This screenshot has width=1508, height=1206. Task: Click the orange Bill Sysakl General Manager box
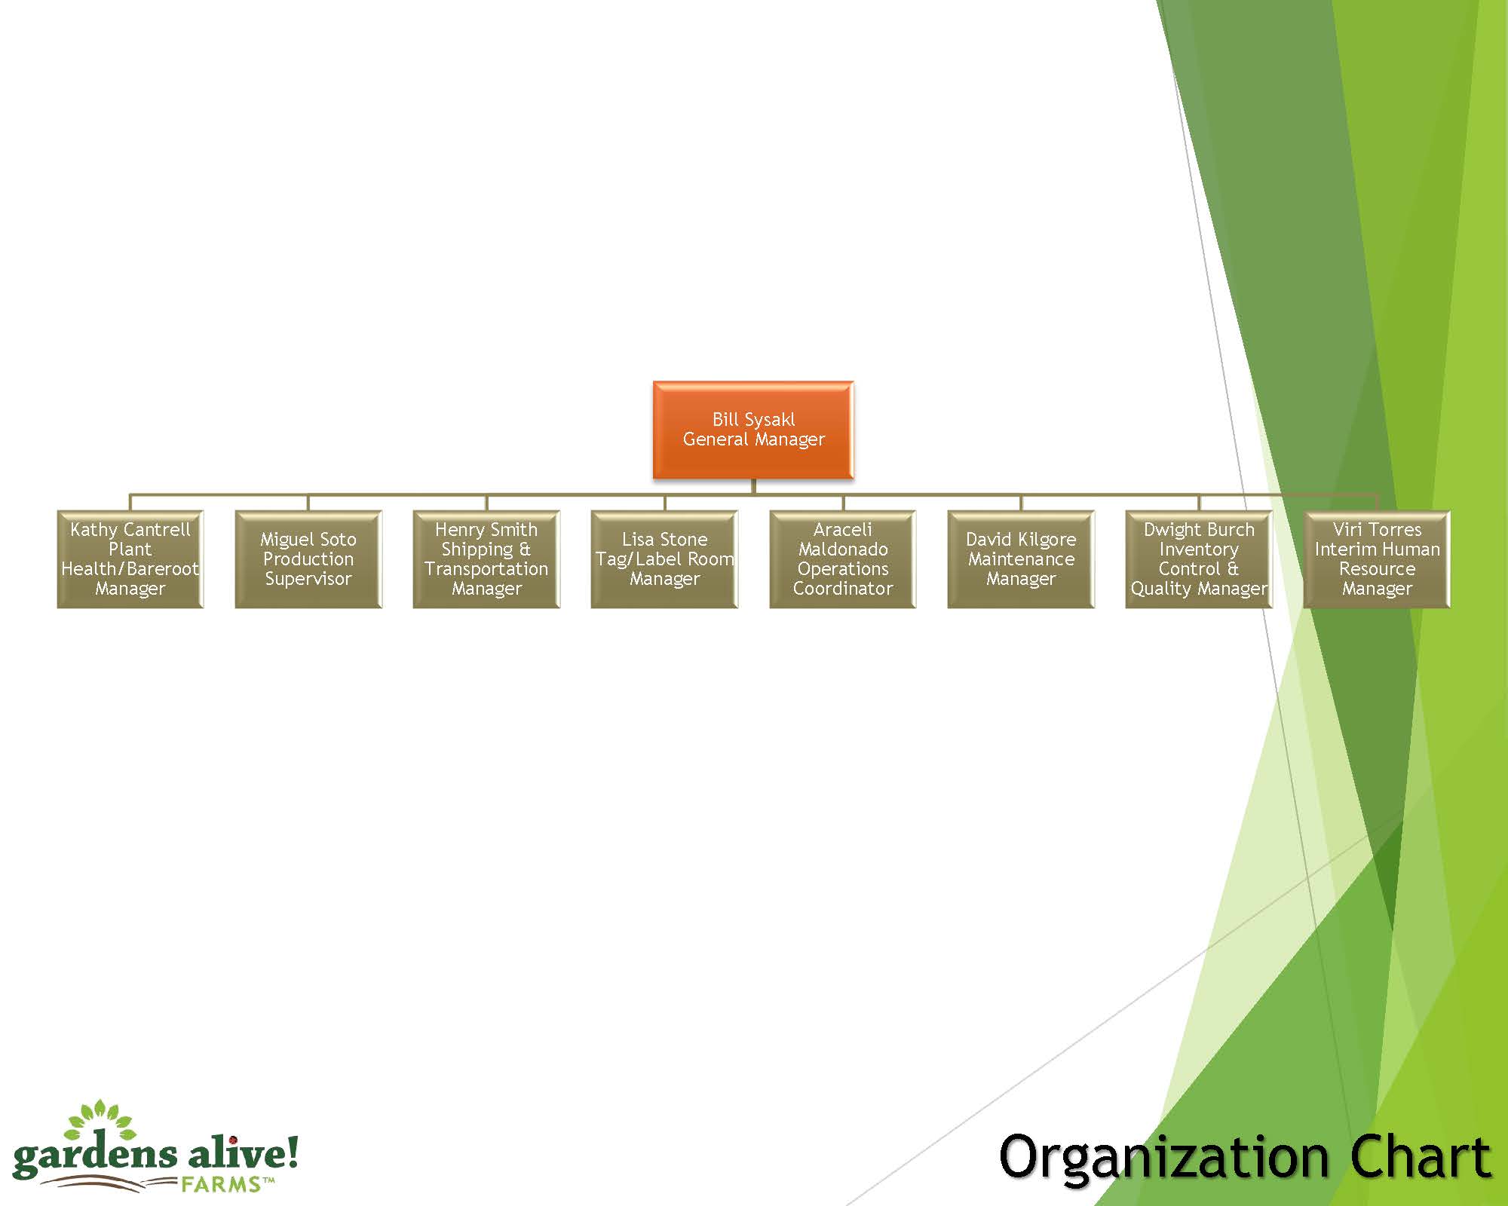pos(752,430)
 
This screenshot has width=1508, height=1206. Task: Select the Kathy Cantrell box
pos(130,559)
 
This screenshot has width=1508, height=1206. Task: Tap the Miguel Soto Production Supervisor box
pos(308,559)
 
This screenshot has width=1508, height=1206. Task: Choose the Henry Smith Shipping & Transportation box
pos(486,559)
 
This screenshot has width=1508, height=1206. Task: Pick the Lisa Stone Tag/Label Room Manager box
pos(664,559)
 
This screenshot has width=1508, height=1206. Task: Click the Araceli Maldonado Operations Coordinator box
pos(842,559)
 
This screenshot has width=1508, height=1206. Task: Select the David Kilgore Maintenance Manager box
pos(1021,559)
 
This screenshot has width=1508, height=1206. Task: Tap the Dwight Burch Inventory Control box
pos(1199,559)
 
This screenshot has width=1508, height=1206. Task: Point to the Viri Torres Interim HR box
pos(1377,559)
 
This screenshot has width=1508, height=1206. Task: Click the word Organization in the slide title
pos(1163,1159)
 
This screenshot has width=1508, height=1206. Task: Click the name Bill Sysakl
pos(753,420)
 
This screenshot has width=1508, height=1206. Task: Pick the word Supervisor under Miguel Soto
pos(308,579)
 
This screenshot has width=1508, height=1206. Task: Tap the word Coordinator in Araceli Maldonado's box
pos(842,589)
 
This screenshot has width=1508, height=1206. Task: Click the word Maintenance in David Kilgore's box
pos(1021,559)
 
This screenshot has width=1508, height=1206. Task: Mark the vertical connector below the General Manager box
pos(753,486)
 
